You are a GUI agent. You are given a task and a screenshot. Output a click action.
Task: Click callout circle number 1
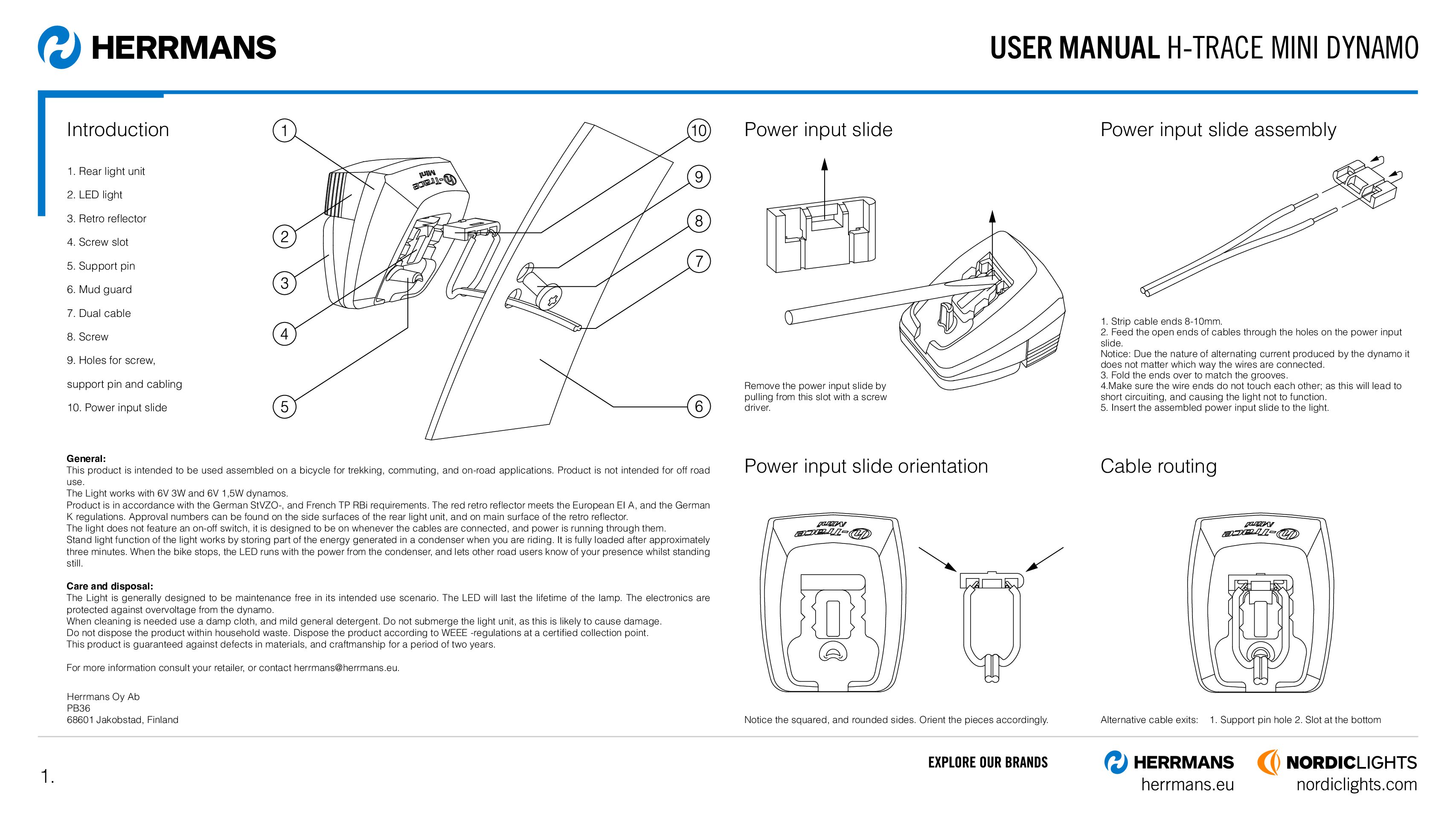[284, 131]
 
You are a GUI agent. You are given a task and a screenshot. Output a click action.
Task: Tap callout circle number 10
[699, 131]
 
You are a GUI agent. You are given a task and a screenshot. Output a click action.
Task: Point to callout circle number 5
[284, 407]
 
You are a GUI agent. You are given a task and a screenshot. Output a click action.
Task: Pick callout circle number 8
[699, 221]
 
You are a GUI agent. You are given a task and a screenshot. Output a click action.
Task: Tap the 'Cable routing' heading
[1158, 466]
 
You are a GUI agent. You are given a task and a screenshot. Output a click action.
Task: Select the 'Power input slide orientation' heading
[866, 466]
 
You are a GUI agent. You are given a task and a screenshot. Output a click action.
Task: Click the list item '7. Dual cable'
[99, 313]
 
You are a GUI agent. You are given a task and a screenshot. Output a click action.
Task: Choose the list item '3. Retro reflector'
[106, 218]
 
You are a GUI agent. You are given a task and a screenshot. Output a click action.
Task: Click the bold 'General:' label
[86, 459]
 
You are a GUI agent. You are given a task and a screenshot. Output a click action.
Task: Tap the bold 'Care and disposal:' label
[110, 586]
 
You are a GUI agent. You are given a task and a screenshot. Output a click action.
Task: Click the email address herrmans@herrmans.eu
[346, 668]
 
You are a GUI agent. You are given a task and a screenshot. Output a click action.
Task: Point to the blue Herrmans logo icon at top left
[59, 47]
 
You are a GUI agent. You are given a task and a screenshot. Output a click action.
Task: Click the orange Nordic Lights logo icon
[1268, 762]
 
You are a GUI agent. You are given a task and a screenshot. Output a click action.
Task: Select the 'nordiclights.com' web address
[1357, 784]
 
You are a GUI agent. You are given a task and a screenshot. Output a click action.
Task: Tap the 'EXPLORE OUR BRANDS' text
[988, 762]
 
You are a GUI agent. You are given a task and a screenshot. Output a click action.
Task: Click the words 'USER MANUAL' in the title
[1074, 47]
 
